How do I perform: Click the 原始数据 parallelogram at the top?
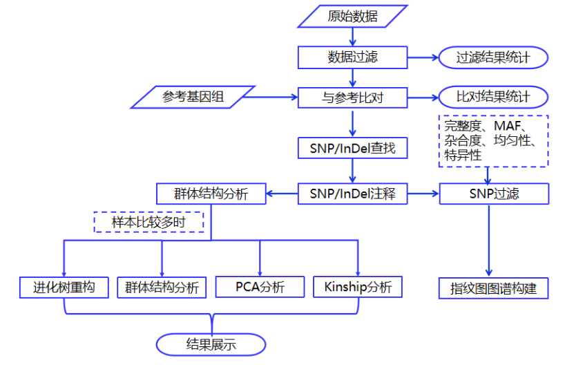tap(352, 16)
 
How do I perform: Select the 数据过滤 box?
tap(352, 57)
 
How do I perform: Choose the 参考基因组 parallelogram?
tap(193, 97)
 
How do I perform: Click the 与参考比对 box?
tap(352, 97)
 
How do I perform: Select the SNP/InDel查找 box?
tap(352, 147)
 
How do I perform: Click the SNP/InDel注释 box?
tap(352, 194)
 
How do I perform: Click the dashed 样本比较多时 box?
tap(149, 223)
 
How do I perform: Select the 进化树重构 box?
tap(64, 287)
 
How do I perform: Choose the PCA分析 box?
tap(260, 287)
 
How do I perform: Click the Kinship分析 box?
tap(358, 287)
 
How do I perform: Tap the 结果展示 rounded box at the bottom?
tap(211, 344)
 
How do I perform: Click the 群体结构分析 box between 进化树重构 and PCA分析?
tap(162, 287)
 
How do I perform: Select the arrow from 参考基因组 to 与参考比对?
tap(272, 97)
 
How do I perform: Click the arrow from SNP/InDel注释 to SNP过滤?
tap(423, 194)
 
